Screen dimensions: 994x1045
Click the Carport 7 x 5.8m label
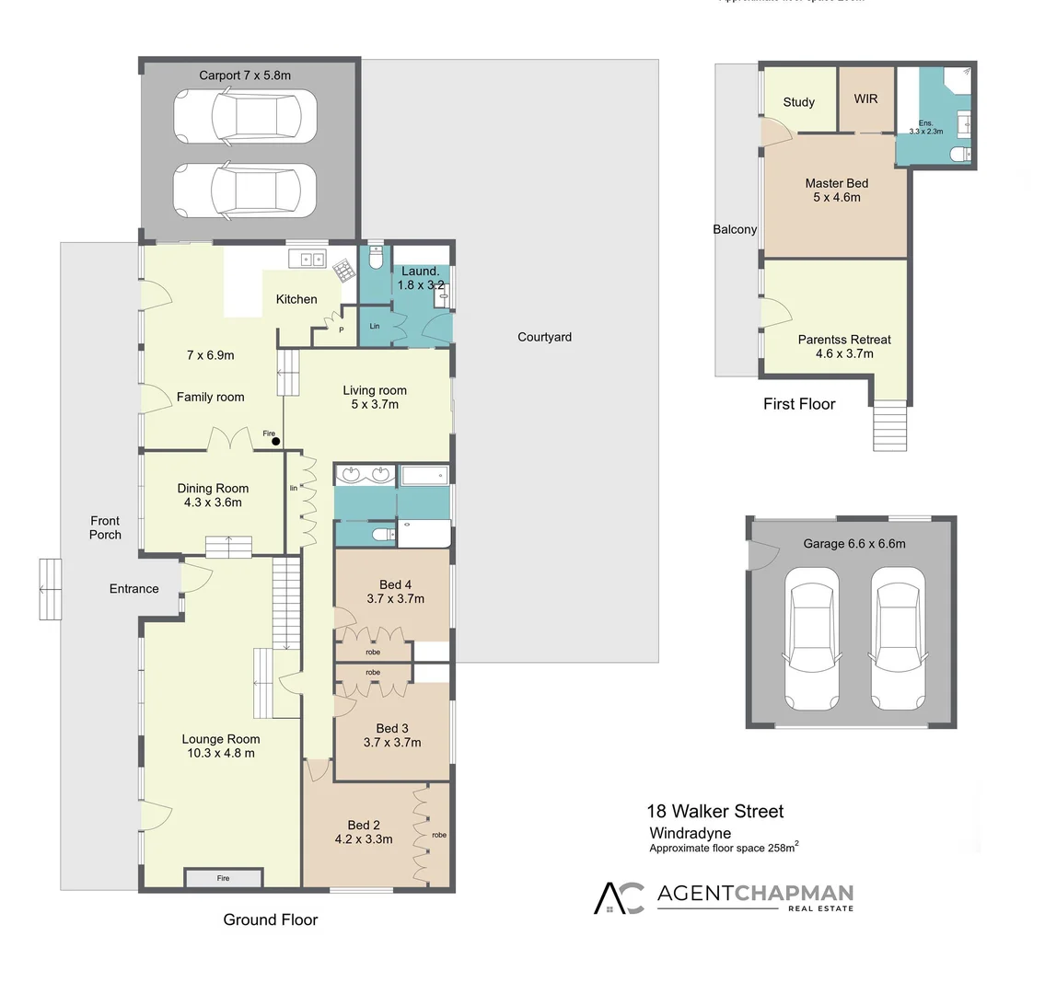(245, 75)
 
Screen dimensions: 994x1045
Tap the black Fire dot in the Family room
(275, 442)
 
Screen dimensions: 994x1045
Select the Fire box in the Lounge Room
(224, 879)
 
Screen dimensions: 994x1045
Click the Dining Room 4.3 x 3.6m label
(213, 495)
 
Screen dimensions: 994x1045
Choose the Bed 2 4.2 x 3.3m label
(364, 831)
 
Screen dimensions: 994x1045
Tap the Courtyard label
(544, 337)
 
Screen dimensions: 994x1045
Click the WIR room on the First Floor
(865, 98)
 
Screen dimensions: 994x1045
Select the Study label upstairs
(799, 102)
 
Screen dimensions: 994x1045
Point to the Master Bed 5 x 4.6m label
(836, 190)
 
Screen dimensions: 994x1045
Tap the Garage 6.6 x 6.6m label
(854, 543)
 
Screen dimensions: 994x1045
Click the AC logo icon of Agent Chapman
(619, 897)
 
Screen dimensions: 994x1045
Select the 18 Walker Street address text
(715, 811)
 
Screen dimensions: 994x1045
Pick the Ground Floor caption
(271, 919)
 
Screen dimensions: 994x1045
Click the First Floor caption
(799, 403)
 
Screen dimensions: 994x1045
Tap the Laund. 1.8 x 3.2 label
(420, 278)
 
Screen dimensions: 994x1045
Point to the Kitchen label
(296, 299)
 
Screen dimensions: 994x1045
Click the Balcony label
(735, 229)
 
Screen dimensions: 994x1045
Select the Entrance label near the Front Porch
(134, 589)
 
